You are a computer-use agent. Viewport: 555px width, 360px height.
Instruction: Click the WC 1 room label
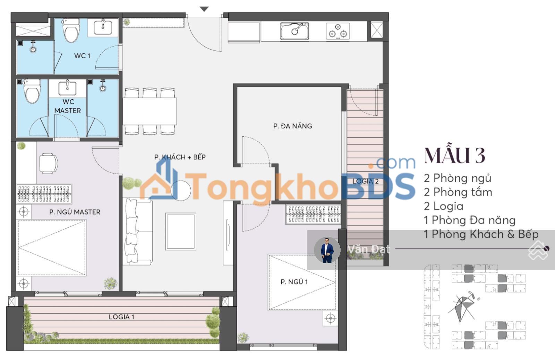tap(82, 56)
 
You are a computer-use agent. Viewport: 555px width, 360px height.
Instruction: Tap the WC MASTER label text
tap(68, 106)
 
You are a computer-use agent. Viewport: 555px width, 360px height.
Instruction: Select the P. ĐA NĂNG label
tap(293, 126)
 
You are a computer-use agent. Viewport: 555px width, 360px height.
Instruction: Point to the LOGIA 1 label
tap(121, 317)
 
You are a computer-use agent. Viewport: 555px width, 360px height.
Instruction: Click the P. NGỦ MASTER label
tap(75, 212)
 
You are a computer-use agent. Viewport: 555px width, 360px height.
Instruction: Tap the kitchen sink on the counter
tap(294, 31)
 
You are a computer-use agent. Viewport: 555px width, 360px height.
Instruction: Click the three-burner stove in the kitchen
tap(338, 31)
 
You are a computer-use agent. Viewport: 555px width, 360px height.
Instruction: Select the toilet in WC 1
tap(71, 30)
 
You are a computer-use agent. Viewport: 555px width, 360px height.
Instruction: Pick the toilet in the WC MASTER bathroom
tap(32, 91)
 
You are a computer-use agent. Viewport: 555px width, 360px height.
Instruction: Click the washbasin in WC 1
tap(103, 27)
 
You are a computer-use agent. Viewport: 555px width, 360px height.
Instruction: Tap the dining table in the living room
tap(150, 111)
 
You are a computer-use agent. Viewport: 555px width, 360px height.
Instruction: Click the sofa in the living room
tap(137, 231)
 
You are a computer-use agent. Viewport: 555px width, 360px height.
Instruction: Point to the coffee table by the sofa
tap(181, 231)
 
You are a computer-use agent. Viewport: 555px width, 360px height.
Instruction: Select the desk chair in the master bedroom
tap(49, 164)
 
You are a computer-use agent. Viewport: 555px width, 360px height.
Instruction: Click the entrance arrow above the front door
tap(204, 9)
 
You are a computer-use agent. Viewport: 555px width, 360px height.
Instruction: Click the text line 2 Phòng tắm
tap(458, 192)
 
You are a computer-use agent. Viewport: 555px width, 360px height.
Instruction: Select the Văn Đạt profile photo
tap(327, 250)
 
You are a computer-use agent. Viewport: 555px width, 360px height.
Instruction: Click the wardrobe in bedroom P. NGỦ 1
tap(313, 214)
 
